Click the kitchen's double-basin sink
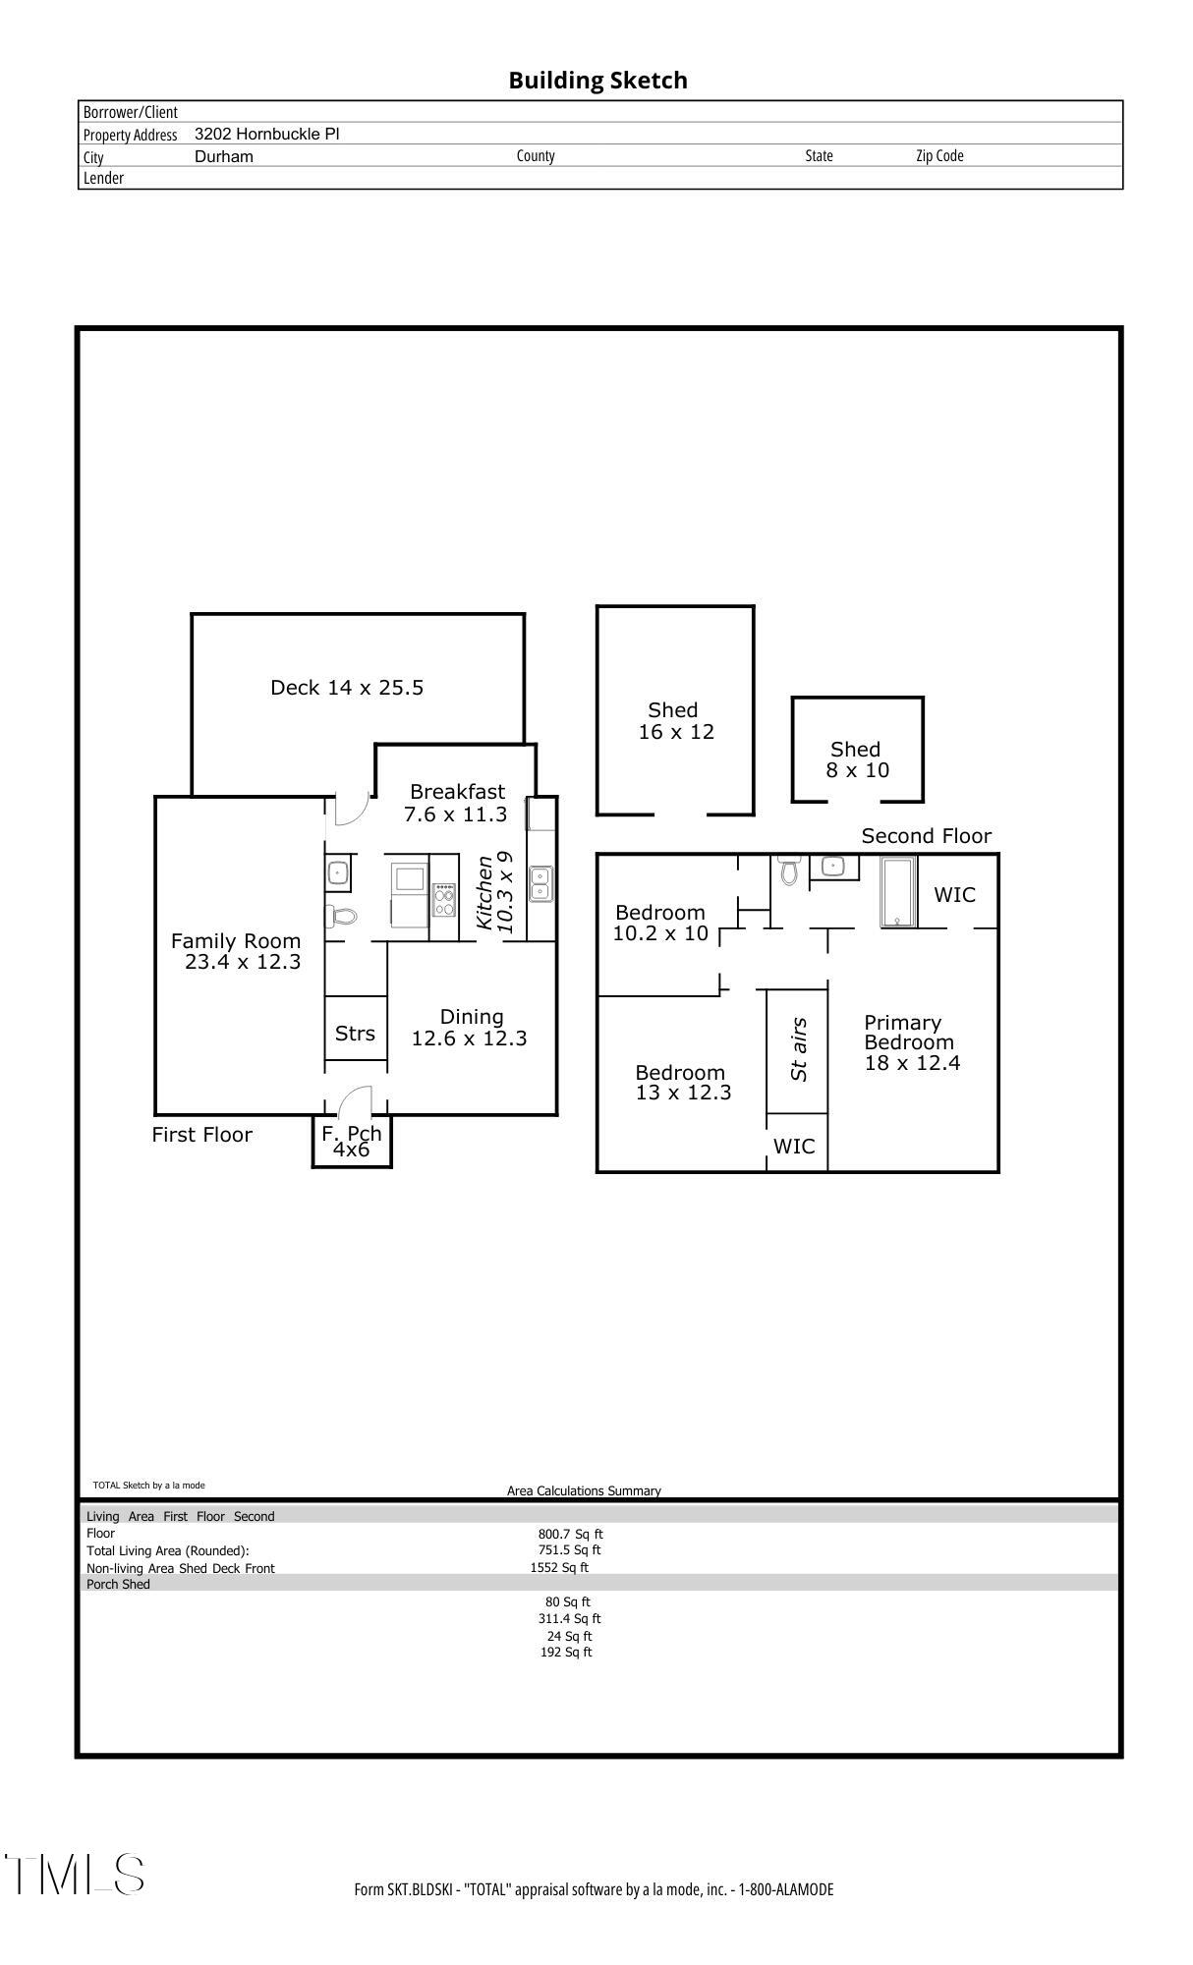540,883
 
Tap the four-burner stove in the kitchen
444,899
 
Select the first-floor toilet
341,917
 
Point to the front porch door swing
355,1100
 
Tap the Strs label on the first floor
355,1034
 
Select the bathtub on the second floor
898,891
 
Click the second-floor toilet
788,870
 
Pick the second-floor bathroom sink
833,867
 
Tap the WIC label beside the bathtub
954,894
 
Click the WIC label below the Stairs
794,1146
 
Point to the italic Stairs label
799,1049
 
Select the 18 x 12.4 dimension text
912,1062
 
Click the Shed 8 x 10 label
857,759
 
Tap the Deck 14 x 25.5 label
347,688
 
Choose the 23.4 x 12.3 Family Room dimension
243,961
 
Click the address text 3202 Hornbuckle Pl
267,134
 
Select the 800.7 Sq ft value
570,1534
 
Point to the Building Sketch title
597,81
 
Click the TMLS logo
75,1875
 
